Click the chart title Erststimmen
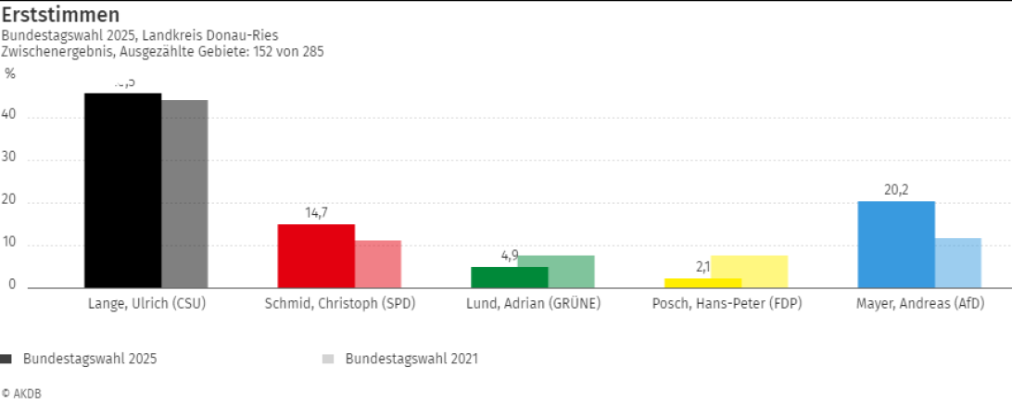tap(61, 17)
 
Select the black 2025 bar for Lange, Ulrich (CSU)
tap(122, 190)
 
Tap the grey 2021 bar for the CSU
tap(184, 194)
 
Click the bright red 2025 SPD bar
tap(316, 256)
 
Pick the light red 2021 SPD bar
tap(378, 264)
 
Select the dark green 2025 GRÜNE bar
tap(509, 277)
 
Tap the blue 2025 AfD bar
tap(896, 245)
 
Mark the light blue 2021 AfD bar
tap(958, 263)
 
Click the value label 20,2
tap(896, 190)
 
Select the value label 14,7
tap(316, 212)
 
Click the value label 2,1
tap(702, 267)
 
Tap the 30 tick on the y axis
tap(11, 159)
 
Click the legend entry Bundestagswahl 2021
tap(411, 358)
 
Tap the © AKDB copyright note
tap(21, 393)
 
